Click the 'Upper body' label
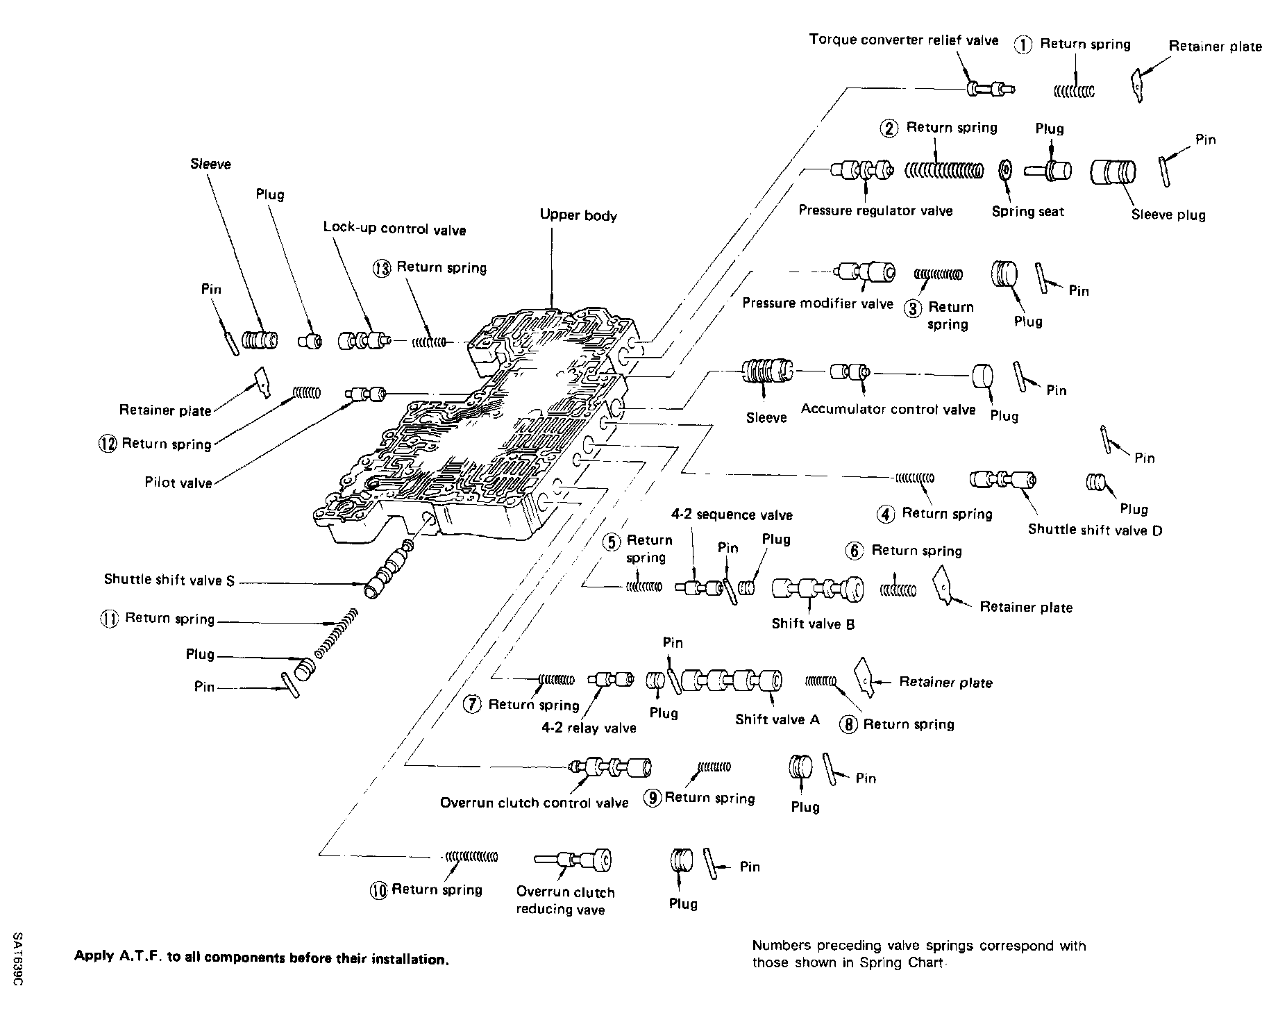point(578,216)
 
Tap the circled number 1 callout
point(1024,45)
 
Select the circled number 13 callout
point(382,269)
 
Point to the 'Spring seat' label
point(1027,212)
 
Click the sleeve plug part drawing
point(1113,172)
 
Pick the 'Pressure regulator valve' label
point(875,210)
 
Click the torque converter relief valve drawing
point(989,89)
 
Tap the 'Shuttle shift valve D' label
point(1095,530)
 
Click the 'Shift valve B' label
point(813,624)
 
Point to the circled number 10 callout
point(379,891)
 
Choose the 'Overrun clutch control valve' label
point(534,803)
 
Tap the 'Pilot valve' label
point(178,483)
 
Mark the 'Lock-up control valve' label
point(394,229)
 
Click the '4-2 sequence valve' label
point(732,515)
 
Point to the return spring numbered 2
point(944,170)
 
